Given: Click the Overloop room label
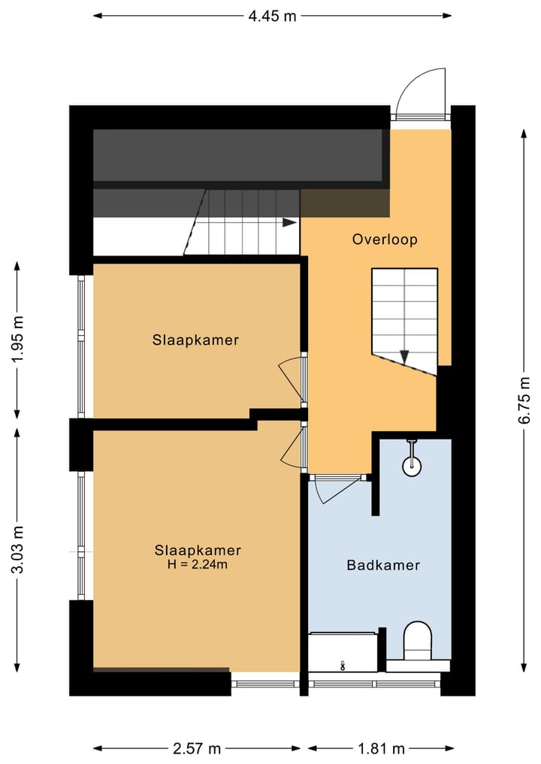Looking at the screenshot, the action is pos(385,239).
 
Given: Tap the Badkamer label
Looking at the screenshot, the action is pos(383,565).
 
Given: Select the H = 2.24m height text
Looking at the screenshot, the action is pos(198,565).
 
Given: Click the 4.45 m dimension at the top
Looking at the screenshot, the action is pos(272,16).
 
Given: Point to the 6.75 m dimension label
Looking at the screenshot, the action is pos(524,400).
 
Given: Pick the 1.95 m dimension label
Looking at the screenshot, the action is pos(17,340).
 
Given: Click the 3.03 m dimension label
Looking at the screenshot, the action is pos(17,550).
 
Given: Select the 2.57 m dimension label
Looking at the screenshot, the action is pos(197,748).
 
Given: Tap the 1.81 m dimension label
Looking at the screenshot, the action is pos(381,748).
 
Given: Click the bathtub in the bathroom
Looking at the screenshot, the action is pos(343,652).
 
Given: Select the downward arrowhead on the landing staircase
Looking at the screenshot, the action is pos(404,357).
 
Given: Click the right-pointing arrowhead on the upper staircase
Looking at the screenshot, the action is pos(290,222).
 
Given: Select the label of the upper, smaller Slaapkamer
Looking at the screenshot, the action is pos(195,340).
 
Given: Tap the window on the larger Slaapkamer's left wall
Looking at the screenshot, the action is pos(81,536).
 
